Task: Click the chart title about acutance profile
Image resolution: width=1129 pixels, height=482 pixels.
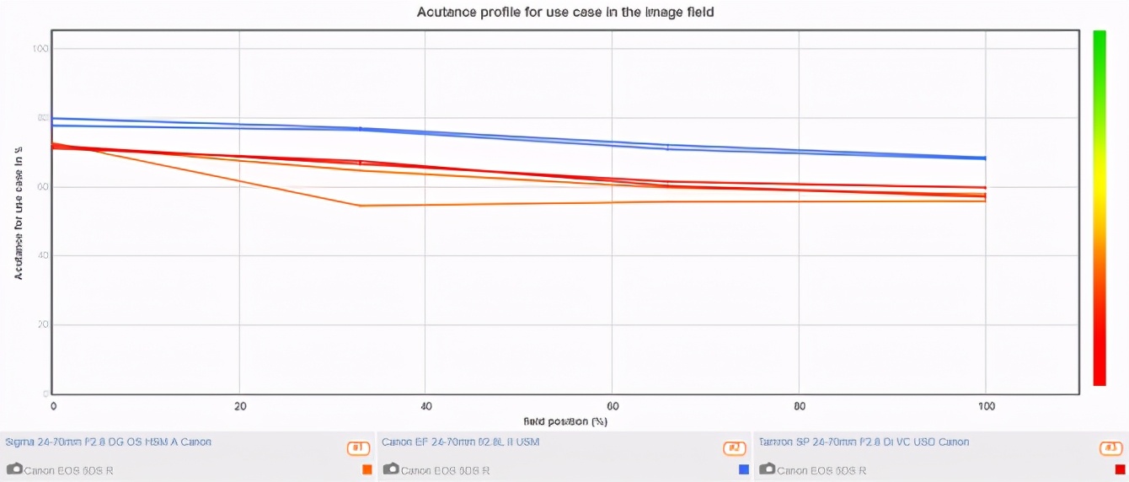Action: pos(565,12)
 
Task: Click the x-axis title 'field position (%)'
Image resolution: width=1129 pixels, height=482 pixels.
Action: pos(564,420)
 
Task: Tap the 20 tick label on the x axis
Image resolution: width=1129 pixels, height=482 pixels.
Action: pos(240,407)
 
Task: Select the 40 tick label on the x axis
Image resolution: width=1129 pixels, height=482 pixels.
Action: pos(425,407)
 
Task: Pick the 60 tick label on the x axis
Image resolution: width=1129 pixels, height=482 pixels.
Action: pos(613,407)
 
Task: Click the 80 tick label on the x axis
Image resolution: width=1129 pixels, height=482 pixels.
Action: pos(799,407)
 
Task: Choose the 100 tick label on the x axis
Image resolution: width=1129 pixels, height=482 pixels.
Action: pos(985,407)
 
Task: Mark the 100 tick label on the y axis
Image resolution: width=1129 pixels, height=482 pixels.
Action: pos(40,49)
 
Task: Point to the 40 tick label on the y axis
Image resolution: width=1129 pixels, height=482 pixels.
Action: pos(42,256)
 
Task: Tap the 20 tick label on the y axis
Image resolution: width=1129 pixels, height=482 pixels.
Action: pos(42,325)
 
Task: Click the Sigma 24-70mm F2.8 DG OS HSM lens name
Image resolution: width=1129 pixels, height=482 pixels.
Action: pos(109,442)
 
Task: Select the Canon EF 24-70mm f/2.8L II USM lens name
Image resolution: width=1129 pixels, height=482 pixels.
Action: pos(460,442)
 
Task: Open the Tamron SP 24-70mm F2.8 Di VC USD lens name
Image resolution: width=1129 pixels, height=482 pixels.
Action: pos(864,442)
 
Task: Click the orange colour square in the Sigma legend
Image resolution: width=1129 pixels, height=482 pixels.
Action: pos(367,469)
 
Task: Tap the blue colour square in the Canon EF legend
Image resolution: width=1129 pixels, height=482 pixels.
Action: pos(743,469)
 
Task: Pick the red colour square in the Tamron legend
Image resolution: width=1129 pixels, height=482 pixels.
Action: pos(1120,469)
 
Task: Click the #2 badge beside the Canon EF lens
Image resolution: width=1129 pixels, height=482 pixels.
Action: pos(735,448)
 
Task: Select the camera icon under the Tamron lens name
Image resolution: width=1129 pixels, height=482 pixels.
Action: pos(767,469)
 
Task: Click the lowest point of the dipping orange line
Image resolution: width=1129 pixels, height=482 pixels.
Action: pos(361,206)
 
